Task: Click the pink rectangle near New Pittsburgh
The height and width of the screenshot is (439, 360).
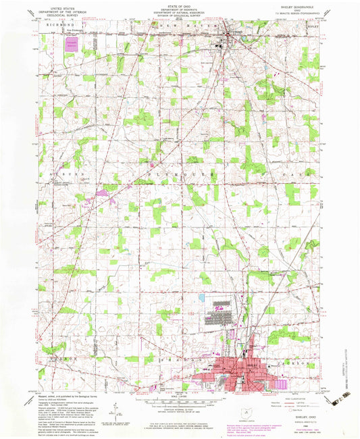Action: [x=71, y=44]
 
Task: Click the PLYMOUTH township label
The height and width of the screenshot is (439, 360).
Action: [x=179, y=174]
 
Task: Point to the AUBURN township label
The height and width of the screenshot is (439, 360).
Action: [x=61, y=174]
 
